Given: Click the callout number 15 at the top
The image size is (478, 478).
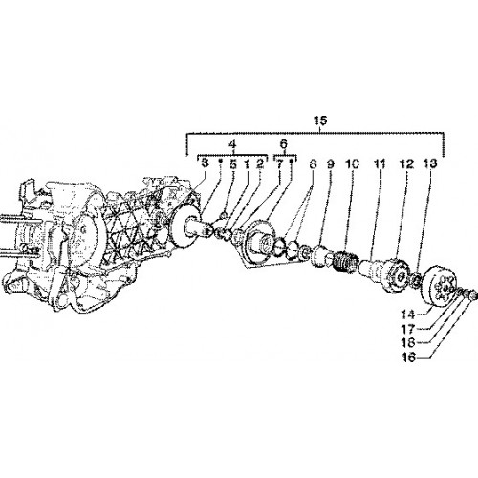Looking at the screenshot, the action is tap(320, 120).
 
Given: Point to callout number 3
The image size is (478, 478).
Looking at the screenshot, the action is tap(205, 163).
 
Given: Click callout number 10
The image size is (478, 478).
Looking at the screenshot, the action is tap(352, 163).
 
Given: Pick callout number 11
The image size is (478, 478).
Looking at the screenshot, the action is tap(380, 163).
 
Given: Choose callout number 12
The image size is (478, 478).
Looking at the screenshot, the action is tap(407, 163).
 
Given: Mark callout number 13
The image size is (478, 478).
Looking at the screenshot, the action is tap(430, 163).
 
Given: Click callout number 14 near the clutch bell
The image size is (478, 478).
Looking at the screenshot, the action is tap(408, 315).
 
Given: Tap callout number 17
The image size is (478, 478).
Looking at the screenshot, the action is tap(408, 329).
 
